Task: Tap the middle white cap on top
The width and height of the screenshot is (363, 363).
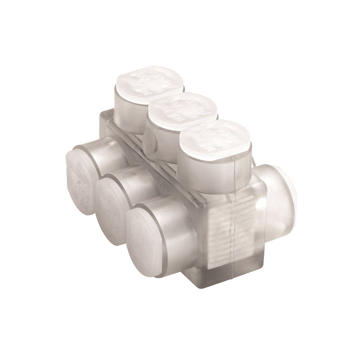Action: [x=182, y=109]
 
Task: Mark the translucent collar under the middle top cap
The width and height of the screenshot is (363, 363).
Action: [x=161, y=142]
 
